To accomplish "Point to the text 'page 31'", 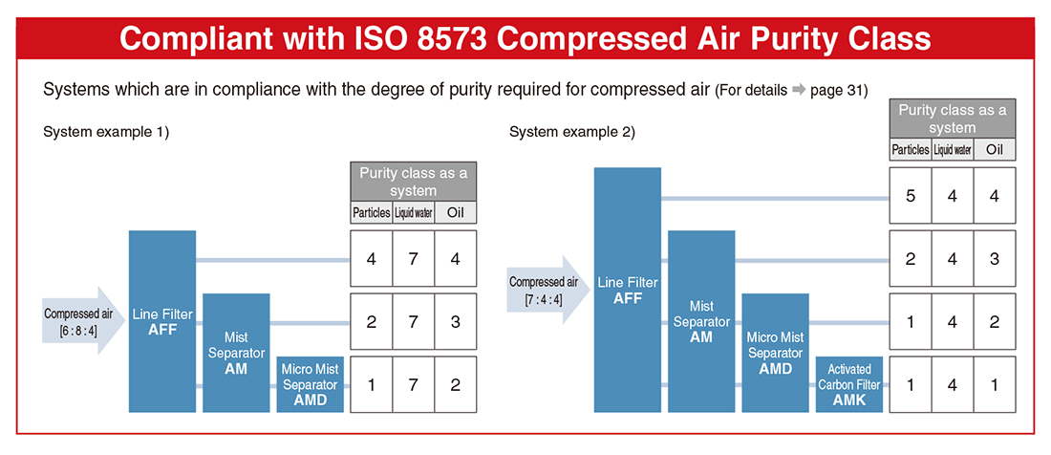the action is pos(838,91).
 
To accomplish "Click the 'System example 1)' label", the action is pos(106,132).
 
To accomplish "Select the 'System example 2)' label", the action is pos(572,132).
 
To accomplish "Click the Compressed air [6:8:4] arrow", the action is pos(83,320).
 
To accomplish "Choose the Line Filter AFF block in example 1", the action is pos(162,321).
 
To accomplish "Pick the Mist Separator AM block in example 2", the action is pos(701,321).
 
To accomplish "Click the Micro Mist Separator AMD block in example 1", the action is pos(310,384).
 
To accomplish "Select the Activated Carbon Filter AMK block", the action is pos(849,384).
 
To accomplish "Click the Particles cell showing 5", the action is pos(911,195).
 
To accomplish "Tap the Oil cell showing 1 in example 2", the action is pos(995,384).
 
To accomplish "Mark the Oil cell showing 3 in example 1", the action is pos(456,321).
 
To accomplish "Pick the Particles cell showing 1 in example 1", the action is pos(372,384).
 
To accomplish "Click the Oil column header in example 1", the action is pos(456,213).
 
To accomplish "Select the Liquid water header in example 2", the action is pos(953,149).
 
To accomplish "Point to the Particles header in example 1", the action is pos(372,213).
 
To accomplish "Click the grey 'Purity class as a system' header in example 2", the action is pos(953,119).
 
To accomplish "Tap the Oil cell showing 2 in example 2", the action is pos(995,321).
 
